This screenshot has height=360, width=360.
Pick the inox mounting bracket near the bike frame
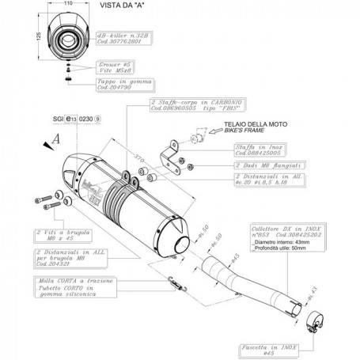pos(169,153)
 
